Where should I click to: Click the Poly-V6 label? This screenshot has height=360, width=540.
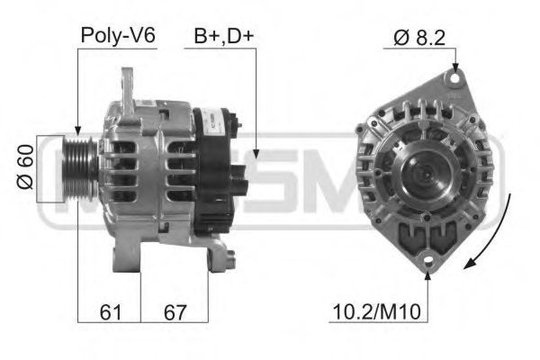tap(118, 35)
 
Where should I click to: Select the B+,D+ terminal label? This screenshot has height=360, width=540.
tap(224, 36)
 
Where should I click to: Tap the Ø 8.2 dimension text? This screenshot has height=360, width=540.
tap(419, 38)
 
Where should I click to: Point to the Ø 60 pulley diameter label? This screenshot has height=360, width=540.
tap(25, 166)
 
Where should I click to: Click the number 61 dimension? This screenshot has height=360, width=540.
tap(111, 312)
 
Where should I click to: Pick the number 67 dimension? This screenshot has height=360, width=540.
tap(175, 312)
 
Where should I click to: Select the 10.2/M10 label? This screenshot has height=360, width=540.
tap(377, 311)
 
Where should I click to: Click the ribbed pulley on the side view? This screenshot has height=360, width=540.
tap(80, 169)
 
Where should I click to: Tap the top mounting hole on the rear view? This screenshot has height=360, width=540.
tap(454, 78)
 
